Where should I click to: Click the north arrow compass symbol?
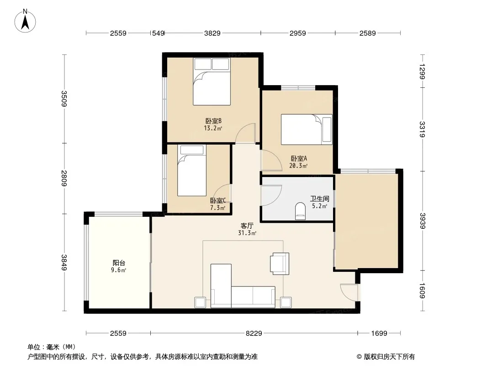point(25,21)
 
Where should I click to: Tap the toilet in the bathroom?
point(300,211)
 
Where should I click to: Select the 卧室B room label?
point(213,121)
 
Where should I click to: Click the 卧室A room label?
point(299,158)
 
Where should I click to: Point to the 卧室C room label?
point(218,200)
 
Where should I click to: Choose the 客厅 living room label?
point(247,226)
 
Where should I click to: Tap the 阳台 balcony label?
point(119,263)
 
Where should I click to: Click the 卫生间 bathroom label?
point(320,199)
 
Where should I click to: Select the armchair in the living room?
point(280,264)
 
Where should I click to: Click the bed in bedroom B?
point(212,81)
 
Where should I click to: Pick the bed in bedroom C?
point(191,170)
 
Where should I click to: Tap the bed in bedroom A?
point(307,129)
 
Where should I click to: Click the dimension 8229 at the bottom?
point(254,334)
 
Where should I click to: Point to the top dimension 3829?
point(212,33)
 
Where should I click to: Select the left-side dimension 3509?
point(64,98)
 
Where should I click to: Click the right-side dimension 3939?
point(422,221)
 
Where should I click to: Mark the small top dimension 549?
point(158,33)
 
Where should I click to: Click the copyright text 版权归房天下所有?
point(389,357)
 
